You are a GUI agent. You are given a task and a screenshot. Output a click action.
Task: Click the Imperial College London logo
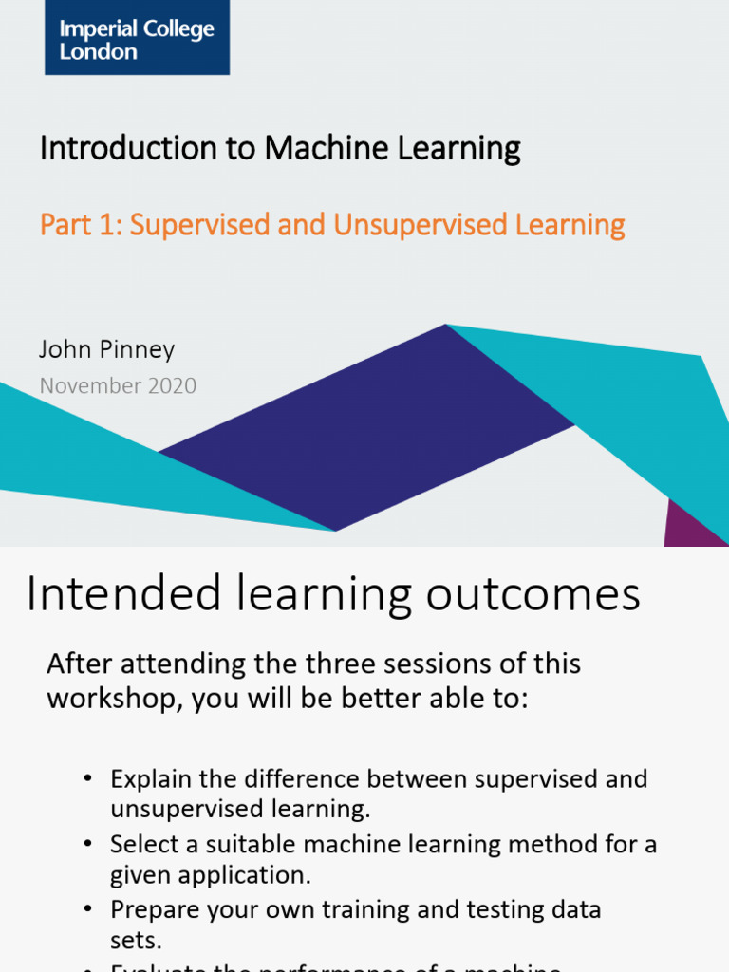[x=137, y=37]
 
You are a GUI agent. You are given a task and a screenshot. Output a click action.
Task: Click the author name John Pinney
[x=106, y=349]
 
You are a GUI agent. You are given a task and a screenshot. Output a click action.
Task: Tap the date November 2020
[x=118, y=385]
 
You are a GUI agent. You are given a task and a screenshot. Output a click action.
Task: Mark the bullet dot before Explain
[x=87, y=779]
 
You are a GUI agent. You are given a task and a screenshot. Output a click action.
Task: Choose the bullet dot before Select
[x=87, y=844]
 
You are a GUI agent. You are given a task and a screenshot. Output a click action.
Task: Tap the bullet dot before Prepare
[x=87, y=909]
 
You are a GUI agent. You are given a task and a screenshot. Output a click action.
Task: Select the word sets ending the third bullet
[x=134, y=940]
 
